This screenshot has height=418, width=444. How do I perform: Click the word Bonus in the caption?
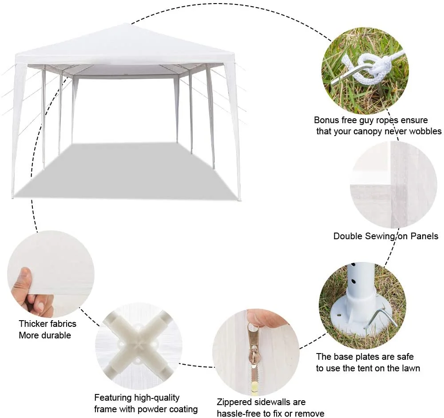[x=327, y=120]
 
